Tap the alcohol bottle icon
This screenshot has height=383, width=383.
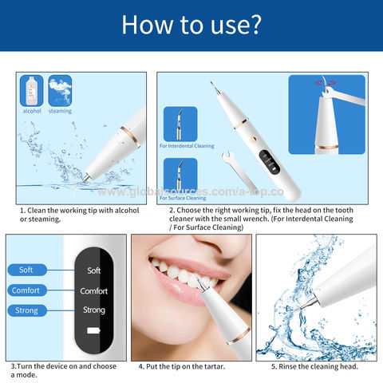pos(31,90)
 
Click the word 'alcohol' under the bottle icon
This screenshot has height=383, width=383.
pos(31,111)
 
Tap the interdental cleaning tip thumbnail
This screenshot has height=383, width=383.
pos(180,124)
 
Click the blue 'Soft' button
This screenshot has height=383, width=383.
pos(27,270)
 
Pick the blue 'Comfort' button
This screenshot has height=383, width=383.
pos(26,290)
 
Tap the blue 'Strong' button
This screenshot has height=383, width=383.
pos(27,310)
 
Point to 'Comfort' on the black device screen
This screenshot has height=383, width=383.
pos(94,290)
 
